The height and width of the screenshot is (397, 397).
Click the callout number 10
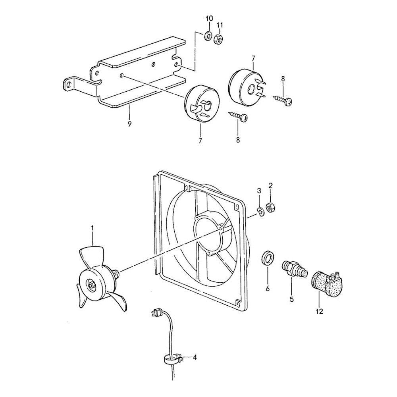point(209,19)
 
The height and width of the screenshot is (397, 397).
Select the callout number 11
point(220,25)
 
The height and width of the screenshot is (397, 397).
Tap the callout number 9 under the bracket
point(129,124)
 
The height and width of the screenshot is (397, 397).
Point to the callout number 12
point(320,311)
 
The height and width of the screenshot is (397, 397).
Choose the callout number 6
point(268,289)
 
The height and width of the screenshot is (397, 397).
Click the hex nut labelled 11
point(218,39)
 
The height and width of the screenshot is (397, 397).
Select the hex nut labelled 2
point(271,208)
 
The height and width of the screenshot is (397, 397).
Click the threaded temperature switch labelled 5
point(294,269)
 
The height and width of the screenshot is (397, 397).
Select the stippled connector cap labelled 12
point(326,283)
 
